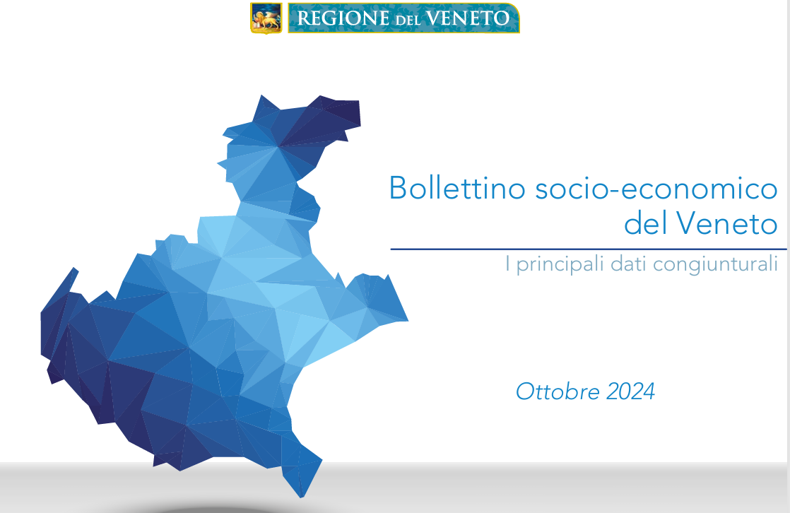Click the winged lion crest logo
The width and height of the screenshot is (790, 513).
tap(266, 18)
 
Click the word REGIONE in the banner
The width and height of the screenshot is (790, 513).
tap(343, 18)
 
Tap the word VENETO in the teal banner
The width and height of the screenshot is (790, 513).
tap(468, 18)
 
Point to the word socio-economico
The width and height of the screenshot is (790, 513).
tap(656, 188)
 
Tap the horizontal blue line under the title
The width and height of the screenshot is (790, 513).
tap(589, 249)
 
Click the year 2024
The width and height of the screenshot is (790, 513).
tap(631, 391)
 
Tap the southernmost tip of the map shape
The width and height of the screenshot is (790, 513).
tap(302, 497)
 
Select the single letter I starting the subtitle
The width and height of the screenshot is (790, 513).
tap(508, 264)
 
